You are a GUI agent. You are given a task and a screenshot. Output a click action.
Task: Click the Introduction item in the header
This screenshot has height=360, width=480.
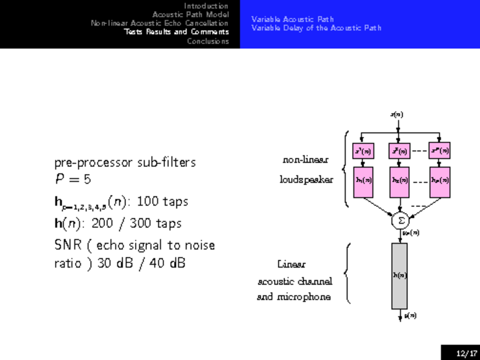pyautogui.click(x=206, y=5)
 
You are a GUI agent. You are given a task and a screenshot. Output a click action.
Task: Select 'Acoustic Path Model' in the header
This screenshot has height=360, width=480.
pyautogui.click(x=190, y=14)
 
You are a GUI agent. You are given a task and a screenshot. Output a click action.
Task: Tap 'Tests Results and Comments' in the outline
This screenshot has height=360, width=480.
pyautogui.click(x=176, y=32)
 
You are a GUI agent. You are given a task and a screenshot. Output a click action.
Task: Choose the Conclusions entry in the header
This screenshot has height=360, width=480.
pyautogui.click(x=208, y=41)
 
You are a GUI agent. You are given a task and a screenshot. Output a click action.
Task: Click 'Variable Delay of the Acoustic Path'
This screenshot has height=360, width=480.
pyautogui.click(x=316, y=28)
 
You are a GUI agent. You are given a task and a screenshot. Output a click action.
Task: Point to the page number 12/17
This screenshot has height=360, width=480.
pyautogui.click(x=466, y=353)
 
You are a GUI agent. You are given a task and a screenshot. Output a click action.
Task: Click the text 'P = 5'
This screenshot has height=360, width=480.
pyautogui.click(x=73, y=179)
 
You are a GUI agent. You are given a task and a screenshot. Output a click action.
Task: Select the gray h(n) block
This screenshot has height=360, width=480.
pyautogui.click(x=400, y=275)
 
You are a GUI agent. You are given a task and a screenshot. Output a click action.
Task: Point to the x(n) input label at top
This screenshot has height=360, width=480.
pyautogui.click(x=397, y=113)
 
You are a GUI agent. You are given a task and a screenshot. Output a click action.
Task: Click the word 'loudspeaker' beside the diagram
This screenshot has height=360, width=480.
pyautogui.click(x=306, y=179)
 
